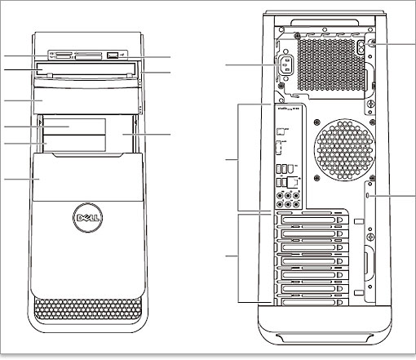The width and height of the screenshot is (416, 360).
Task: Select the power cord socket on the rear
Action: [285, 64]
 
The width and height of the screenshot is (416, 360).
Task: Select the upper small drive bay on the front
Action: [75, 126]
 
